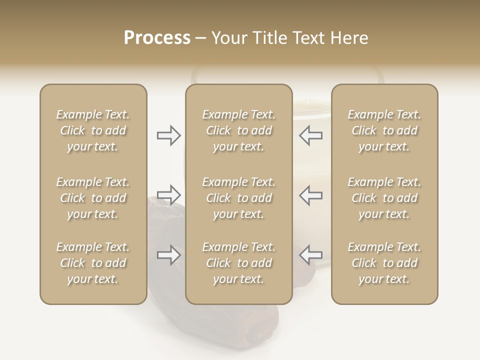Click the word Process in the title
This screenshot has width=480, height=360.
coord(157,38)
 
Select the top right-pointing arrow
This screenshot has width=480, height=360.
coord(168,135)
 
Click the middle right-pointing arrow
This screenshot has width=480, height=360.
coord(168,194)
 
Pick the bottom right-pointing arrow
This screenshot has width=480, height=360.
coord(168,255)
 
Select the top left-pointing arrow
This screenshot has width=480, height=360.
coord(311,135)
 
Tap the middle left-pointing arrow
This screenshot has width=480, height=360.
coord(311,195)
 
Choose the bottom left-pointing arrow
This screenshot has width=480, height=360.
coord(311,255)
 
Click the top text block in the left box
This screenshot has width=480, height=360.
coord(93,130)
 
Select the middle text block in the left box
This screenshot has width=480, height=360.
coord(93,198)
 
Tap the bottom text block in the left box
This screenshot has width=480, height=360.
coord(93,263)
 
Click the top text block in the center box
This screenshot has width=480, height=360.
coord(238,130)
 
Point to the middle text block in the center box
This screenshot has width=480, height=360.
coord(238,198)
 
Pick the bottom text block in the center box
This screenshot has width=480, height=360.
coord(238,263)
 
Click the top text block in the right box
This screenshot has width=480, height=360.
coord(384,130)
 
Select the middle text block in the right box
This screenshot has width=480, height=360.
coord(384,198)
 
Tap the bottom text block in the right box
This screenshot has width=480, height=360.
coord(384,263)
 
